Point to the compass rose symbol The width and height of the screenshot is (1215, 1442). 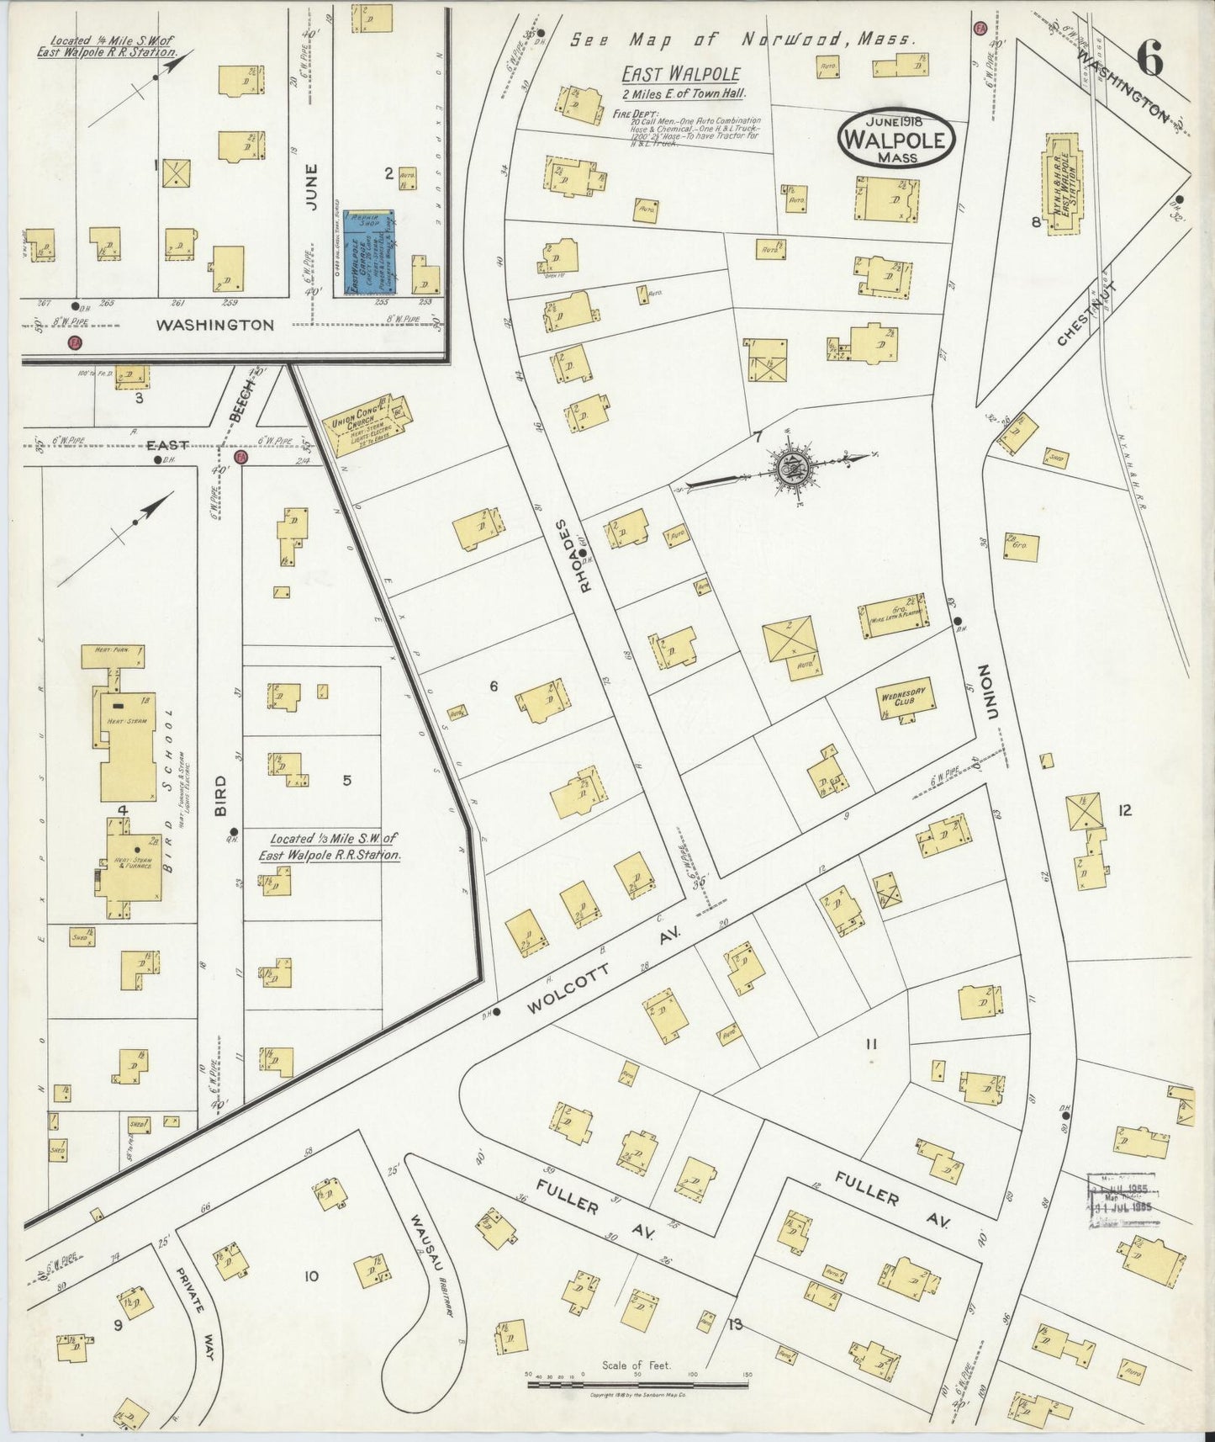click(x=791, y=468)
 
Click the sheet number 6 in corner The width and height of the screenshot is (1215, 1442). click(x=1149, y=60)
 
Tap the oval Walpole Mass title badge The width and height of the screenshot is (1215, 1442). click(x=896, y=139)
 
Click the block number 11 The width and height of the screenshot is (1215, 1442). click(x=871, y=1044)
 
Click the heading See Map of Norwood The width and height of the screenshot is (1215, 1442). click(x=742, y=40)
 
